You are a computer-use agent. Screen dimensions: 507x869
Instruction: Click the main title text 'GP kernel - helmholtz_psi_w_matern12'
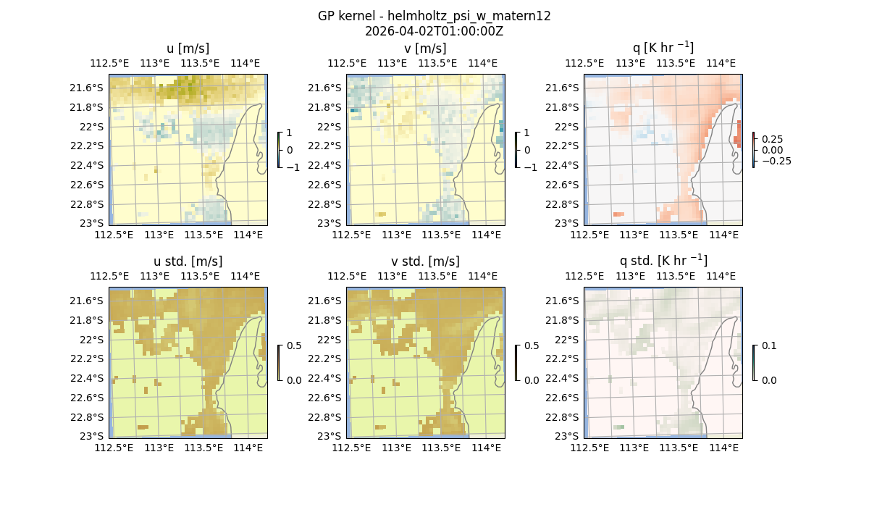click(434, 16)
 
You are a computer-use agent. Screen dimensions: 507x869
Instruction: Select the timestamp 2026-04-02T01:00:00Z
click(434, 31)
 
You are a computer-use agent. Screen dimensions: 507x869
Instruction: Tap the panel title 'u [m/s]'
click(188, 49)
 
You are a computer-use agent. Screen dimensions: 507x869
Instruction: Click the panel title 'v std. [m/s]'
click(425, 261)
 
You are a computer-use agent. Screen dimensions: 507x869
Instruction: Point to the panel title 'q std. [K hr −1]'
click(663, 261)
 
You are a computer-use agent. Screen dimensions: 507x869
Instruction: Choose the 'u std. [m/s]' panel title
click(188, 261)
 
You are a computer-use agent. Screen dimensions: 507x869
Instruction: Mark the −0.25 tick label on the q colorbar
click(775, 161)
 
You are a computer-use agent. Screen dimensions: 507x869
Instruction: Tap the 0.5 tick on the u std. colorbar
click(293, 346)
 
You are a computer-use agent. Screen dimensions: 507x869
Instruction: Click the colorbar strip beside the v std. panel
click(516, 363)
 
